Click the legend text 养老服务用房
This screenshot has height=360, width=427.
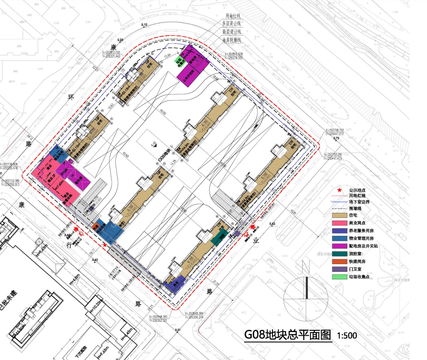363,230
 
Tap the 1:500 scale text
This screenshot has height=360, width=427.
347,336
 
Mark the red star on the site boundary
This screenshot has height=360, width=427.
105,244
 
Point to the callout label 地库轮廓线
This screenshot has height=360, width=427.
232,40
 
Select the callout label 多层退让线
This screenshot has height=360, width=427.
232,23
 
